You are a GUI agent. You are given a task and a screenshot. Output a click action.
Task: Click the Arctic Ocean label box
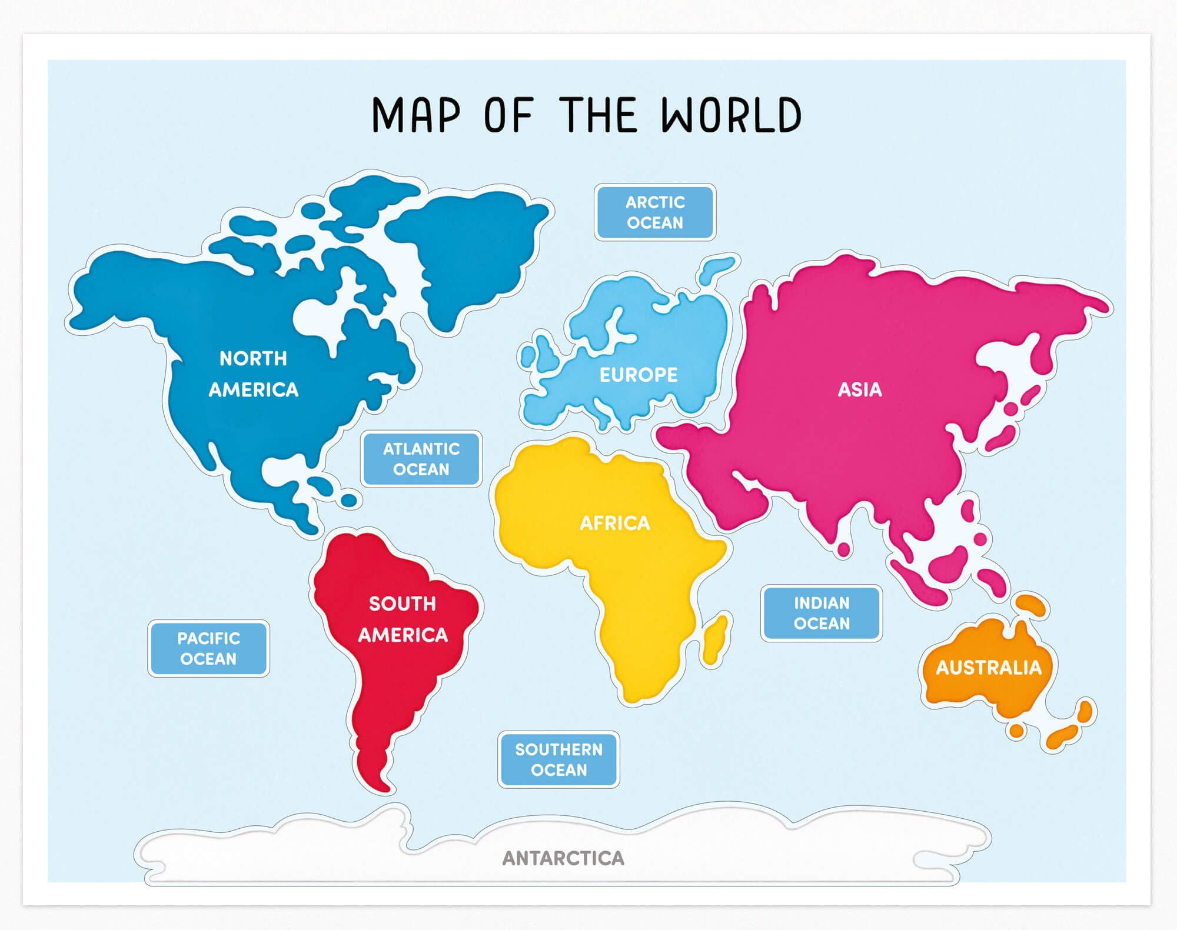[x=654, y=212]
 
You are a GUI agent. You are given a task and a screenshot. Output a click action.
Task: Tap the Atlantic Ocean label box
[x=421, y=459]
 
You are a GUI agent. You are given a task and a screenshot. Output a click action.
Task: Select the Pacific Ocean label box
[x=208, y=648]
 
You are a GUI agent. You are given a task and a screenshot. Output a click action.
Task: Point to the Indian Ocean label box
[x=821, y=613]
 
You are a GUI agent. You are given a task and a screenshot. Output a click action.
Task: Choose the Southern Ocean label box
[x=558, y=759]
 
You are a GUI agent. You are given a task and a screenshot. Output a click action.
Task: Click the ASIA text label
[x=859, y=389]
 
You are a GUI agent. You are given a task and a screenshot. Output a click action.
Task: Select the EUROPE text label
[x=638, y=375]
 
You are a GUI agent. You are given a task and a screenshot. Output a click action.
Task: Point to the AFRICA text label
[x=614, y=523]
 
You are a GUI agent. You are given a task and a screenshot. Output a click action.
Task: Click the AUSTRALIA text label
[x=988, y=668]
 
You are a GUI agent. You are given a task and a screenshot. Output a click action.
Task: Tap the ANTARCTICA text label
[x=563, y=858]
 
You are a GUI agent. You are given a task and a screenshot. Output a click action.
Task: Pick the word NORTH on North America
[x=253, y=358]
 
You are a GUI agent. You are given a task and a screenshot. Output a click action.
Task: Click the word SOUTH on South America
[x=402, y=604]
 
